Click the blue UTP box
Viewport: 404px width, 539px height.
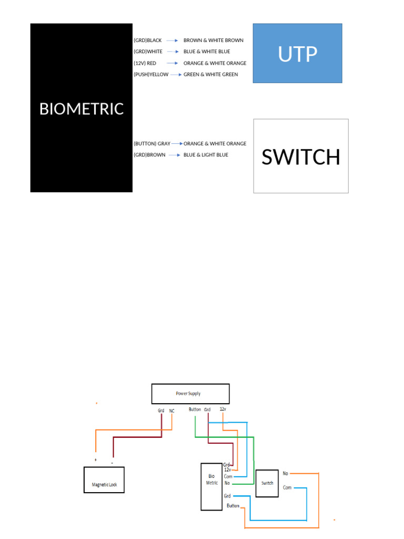coord(297,53)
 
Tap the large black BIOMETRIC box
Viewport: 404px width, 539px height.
coord(81,108)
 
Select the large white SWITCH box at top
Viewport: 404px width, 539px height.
coord(300,156)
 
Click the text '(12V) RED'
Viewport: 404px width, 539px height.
coord(145,63)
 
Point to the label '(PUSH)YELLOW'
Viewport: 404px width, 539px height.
coord(151,75)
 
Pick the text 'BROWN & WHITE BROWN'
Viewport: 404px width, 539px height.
coord(213,41)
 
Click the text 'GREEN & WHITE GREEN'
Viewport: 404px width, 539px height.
coord(210,75)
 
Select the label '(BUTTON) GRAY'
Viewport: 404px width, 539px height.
coord(151,144)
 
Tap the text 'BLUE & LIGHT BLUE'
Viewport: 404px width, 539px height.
coord(206,155)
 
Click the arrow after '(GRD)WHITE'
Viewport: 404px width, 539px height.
coord(174,52)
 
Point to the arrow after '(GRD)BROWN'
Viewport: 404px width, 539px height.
coord(175,155)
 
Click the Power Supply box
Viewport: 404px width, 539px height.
coord(190,393)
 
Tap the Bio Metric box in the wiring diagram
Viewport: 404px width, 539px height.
coord(211,486)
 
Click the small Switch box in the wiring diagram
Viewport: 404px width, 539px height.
coord(267,483)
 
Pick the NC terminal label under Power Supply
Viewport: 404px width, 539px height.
coord(171,411)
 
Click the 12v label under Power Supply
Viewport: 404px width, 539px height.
coord(223,409)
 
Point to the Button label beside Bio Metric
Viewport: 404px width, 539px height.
coord(233,506)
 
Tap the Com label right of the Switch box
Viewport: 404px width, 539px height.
coord(287,488)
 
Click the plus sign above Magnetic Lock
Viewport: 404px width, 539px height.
coord(95,460)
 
